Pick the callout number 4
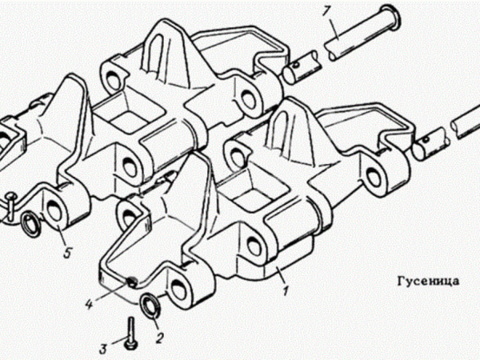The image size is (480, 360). (89, 303)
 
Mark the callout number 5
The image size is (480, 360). (66, 252)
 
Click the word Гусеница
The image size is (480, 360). (428, 281)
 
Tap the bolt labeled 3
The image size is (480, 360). (131, 333)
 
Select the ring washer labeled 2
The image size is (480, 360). (150, 306)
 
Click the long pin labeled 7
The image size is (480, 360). (362, 33)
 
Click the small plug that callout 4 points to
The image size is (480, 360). (132, 282)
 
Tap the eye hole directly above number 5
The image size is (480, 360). (55, 210)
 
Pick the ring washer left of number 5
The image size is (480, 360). (32, 223)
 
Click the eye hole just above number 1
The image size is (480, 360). (254, 245)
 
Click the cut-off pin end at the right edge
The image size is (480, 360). (466, 122)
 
